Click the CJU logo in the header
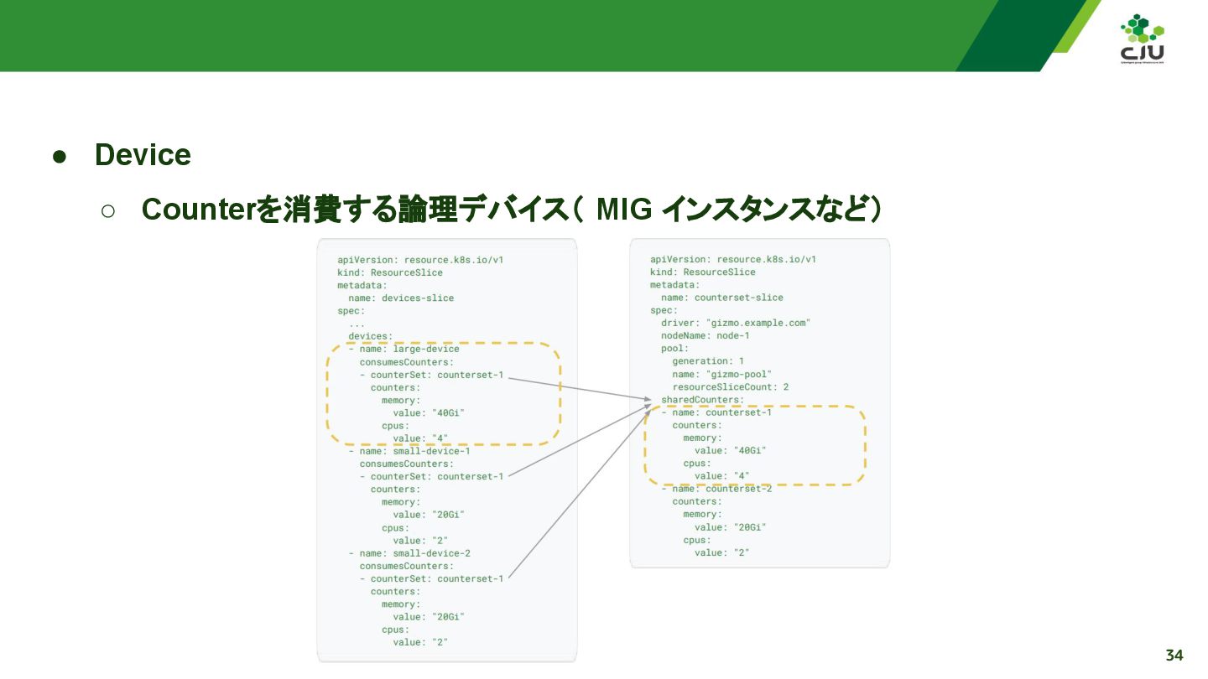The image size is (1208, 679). (1142, 39)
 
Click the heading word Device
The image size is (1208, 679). (143, 155)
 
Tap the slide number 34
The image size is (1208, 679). (1174, 655)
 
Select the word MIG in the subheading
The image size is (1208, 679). (623, 210)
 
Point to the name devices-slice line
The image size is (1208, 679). (401, 298)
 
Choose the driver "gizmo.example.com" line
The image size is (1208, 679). (736, 323)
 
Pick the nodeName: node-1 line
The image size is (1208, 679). (705, 335)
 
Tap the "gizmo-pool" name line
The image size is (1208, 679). (721, 374)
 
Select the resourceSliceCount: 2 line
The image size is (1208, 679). (730, 387)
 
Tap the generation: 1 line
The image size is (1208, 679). (707, 361)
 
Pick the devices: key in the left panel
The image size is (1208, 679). (370, 336)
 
